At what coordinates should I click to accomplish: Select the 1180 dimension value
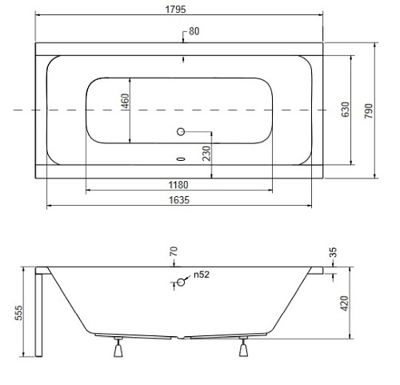click(178, 184)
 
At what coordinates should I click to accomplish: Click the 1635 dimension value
click(179, 201)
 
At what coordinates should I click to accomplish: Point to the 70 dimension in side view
click(173, 252)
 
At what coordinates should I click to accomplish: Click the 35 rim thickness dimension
click(333, 253)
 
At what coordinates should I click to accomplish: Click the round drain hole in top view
click(181, 130)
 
